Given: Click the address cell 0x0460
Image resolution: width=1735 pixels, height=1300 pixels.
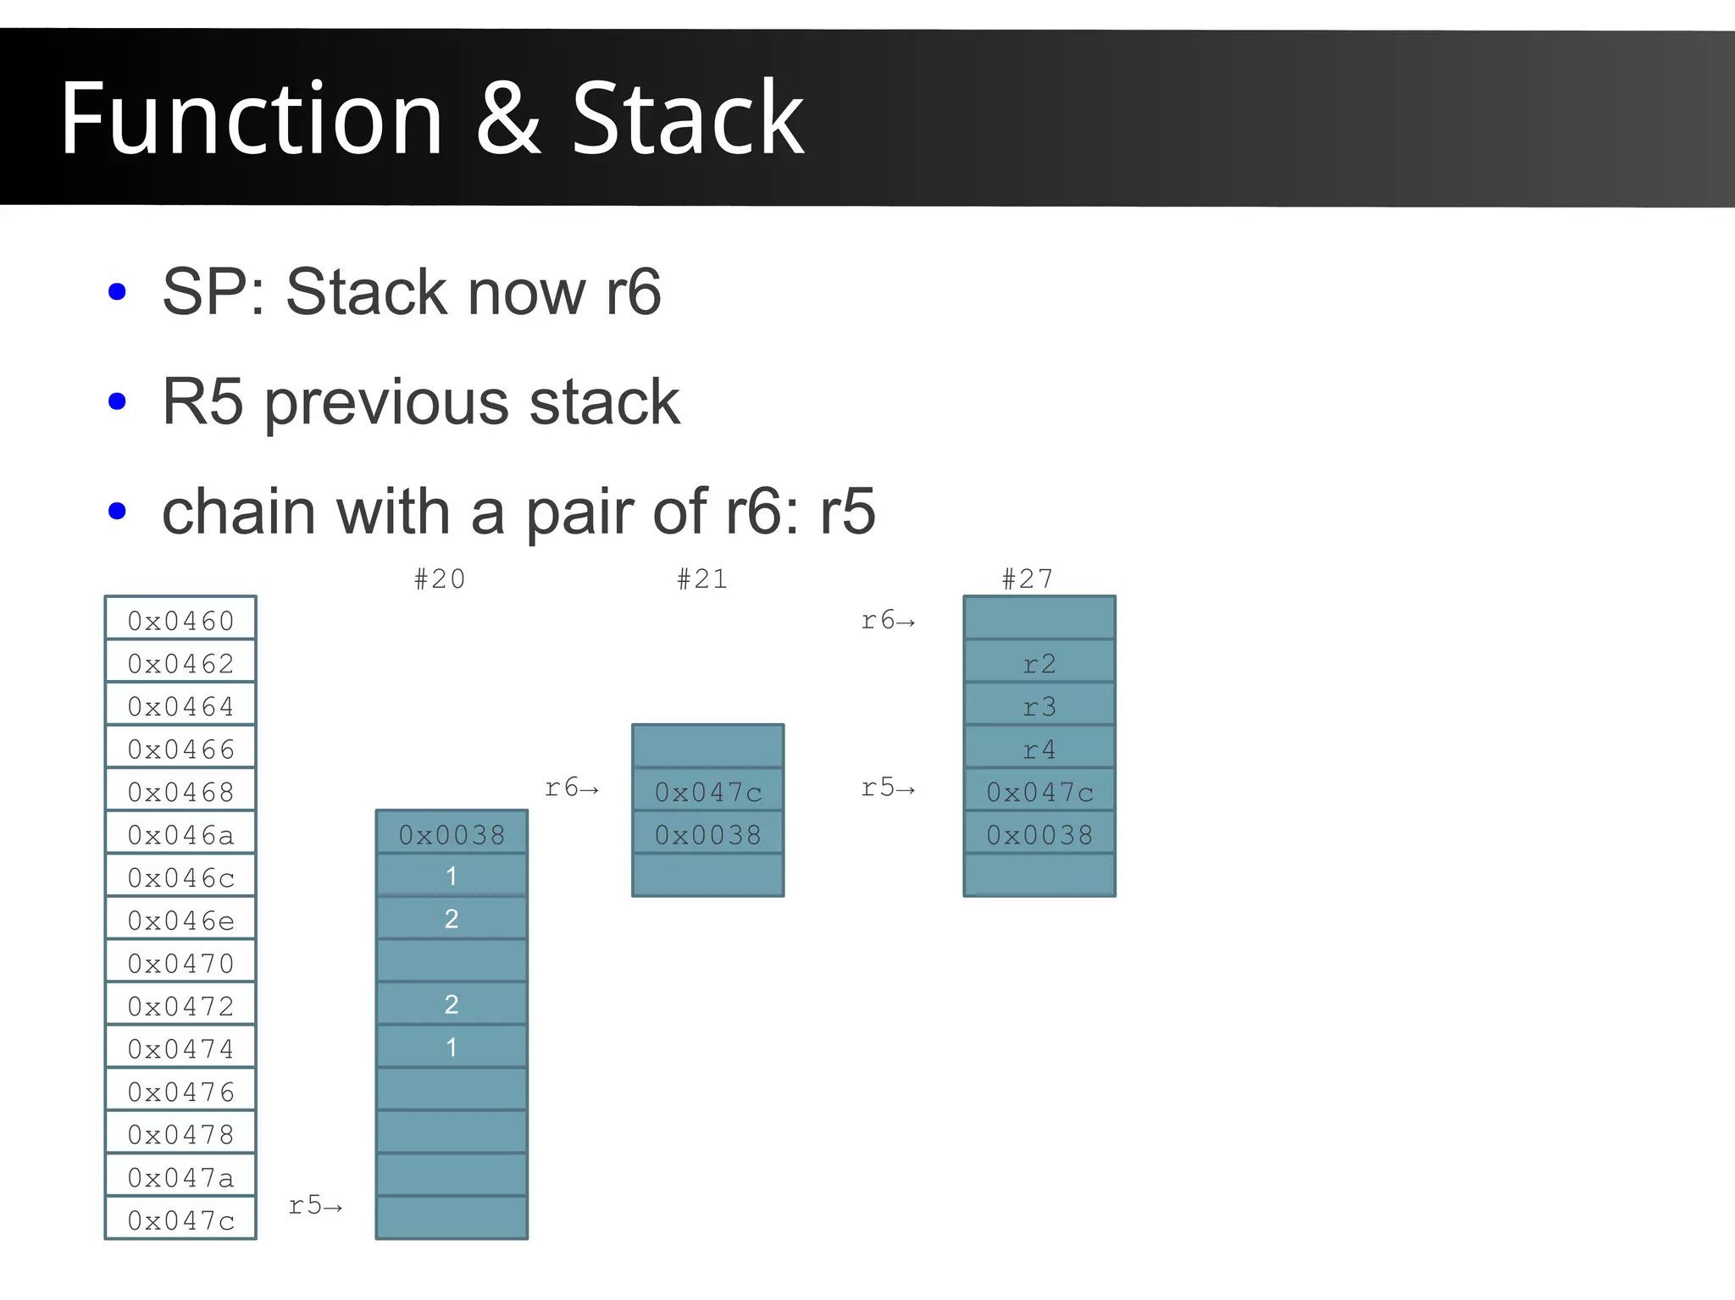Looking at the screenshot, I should (x=180, y=621).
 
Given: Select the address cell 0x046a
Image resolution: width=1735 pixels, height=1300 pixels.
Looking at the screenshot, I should (x=180, y=835).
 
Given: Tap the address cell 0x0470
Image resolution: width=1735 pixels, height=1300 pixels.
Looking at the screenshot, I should (x=180, y=963).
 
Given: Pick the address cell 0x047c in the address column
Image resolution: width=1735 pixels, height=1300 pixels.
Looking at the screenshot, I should (x=180, y=1220).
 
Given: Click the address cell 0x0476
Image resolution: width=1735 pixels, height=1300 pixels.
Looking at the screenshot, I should (x=180, y=1092).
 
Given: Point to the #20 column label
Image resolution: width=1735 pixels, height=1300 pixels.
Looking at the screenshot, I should (x=440, y=579).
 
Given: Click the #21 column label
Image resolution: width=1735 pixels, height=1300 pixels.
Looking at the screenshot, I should (x=702, y=579).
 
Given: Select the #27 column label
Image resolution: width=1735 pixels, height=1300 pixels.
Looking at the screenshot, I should (x=1028, y=579).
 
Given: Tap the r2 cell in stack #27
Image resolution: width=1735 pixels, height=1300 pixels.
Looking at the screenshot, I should (x=1039, y=663).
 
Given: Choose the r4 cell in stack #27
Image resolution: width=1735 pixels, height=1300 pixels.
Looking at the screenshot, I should (x=1039, y=750).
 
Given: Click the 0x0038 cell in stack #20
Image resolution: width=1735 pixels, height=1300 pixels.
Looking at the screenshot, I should (x=452, y=835).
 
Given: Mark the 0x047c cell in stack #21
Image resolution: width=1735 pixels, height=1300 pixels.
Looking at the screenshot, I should (x=708, y=792).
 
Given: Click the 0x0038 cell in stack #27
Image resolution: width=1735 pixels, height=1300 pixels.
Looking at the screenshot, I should (x=1039, y=835).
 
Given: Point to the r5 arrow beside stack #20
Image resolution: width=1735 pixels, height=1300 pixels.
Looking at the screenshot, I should (x=315, y=1205).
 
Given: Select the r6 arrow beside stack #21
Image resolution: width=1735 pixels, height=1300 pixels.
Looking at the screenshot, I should (x=572, y=788).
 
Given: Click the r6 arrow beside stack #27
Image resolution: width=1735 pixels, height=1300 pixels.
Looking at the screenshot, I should (x=888, y=621).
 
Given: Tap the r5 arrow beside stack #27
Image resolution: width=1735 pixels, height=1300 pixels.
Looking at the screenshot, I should (x=888, y=788).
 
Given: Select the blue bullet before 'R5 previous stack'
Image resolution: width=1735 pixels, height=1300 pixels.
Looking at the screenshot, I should (x=118, y=401).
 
